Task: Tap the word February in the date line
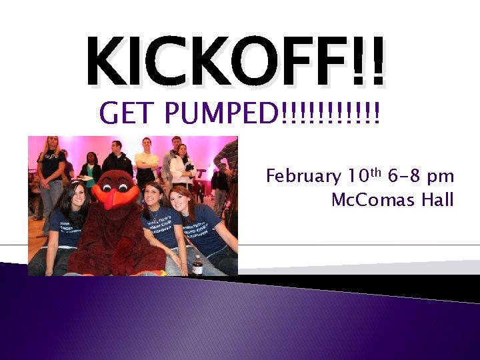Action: pyautogui.click(x=303, y=177)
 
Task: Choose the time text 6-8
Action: pyautogui.click(x=405, y=177)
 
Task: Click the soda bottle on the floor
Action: pyautogui.click(x=197, y=265)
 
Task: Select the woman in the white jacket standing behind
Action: pyautogui.click(x=181, y=167)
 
